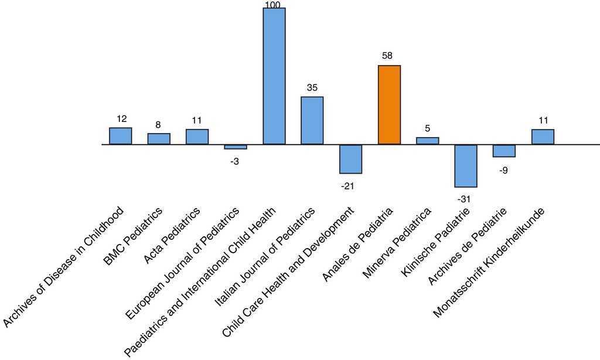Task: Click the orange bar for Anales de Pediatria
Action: (389, 105)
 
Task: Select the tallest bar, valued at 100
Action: (274, 76)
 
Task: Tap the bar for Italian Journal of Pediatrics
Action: (312, 121)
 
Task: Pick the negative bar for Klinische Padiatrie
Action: (466, 166)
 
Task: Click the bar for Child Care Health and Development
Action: (350, 159)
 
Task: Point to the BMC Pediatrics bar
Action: (159, 139)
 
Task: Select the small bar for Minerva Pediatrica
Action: (428, 141)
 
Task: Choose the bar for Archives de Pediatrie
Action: (504, 151)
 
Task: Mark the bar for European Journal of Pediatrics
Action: (236, 147)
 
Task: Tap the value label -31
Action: (463, 199)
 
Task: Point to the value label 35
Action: (312, 88)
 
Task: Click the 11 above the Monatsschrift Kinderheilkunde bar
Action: (543, 121)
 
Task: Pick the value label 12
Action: (121, 119)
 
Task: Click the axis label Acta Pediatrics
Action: (172, 236)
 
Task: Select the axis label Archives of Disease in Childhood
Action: (63, 267)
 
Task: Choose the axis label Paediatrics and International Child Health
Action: (202, 281)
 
